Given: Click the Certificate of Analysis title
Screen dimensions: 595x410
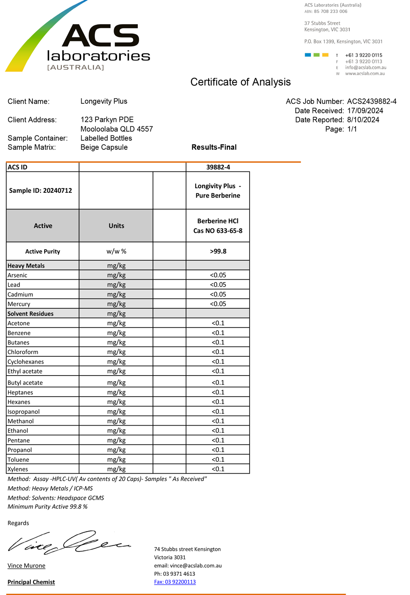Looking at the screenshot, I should tap(240, 82).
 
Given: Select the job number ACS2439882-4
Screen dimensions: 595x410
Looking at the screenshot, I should tap(371, 101).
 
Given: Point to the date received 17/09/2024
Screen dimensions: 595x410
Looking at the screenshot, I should tap(365, 111).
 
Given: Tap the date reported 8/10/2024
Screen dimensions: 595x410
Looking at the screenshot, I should tap(363, 120).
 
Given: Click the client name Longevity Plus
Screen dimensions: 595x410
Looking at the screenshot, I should tap(104, 101).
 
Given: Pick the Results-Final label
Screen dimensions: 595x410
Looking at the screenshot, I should tap(214, 147).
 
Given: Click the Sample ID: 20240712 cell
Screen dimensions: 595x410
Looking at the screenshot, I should tap(41, 190).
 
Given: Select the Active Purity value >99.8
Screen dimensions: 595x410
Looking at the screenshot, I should tap(218, 251).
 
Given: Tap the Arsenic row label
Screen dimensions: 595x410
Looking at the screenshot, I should tap(18, 275).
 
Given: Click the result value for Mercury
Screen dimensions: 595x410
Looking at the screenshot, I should tap(218, 304).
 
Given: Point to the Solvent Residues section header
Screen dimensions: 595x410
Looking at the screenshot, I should tap(31, 314).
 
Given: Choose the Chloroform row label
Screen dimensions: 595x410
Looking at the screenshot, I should tap(23, 352).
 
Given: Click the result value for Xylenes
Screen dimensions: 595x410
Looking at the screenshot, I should tap(218, 469).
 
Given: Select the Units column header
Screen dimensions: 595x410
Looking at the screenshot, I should tap(116, 226).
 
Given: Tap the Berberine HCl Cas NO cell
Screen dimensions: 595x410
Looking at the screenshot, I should tap(218, 226).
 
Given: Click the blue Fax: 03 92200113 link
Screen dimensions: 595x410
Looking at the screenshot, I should tap(175, 582).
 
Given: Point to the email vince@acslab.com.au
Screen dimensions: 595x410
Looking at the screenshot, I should tap(188, 565).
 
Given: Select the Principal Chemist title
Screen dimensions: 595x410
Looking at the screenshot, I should tap(31, 582).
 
